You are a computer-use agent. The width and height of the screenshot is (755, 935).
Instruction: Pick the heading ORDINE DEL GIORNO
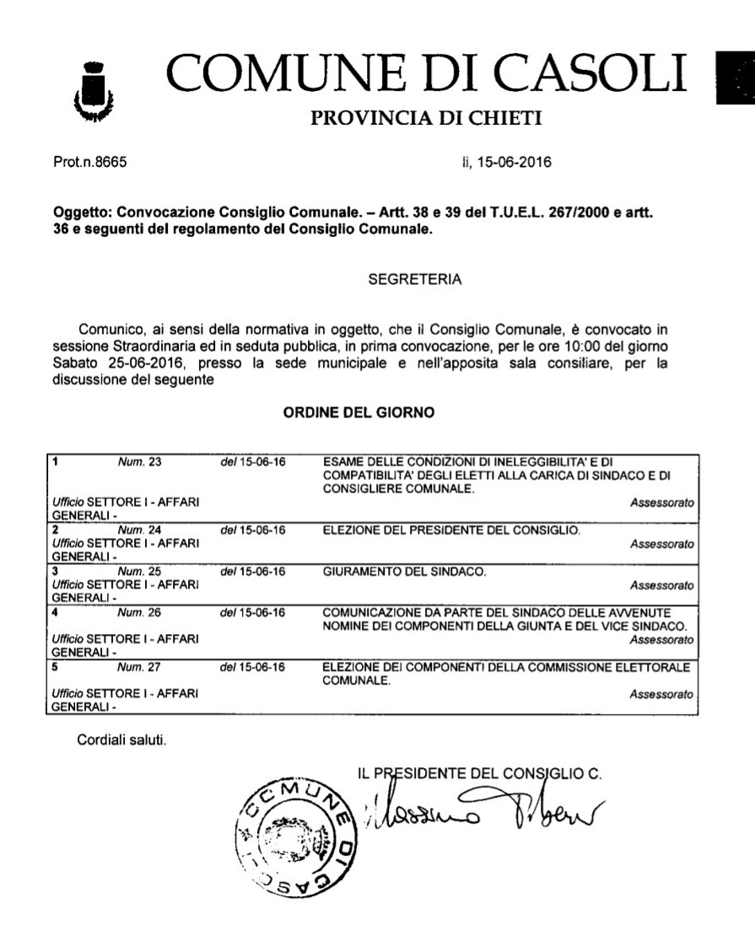click(x=359, y=413)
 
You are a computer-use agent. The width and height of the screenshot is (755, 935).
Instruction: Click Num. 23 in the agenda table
click(x=140, y=462)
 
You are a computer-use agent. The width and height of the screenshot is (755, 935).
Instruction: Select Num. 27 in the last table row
click(x=140, y=667)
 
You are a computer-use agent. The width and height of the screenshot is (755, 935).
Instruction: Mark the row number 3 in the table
click(x=56, y=572)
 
